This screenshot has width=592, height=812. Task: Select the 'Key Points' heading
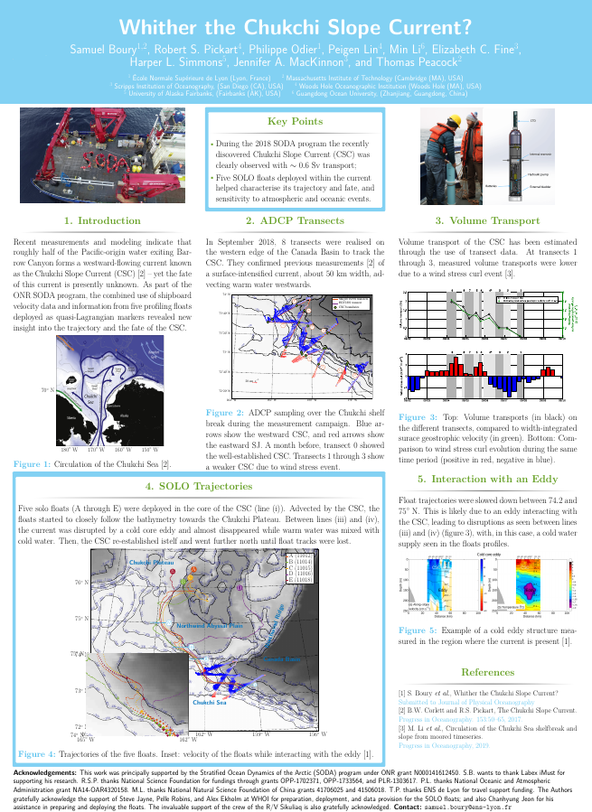[x=295, y=121]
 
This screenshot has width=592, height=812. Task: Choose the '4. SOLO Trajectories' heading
[x=198, y=487]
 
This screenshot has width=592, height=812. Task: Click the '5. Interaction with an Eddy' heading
[x=488, y=478]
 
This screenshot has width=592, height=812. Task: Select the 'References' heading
[x=488, y=672]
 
